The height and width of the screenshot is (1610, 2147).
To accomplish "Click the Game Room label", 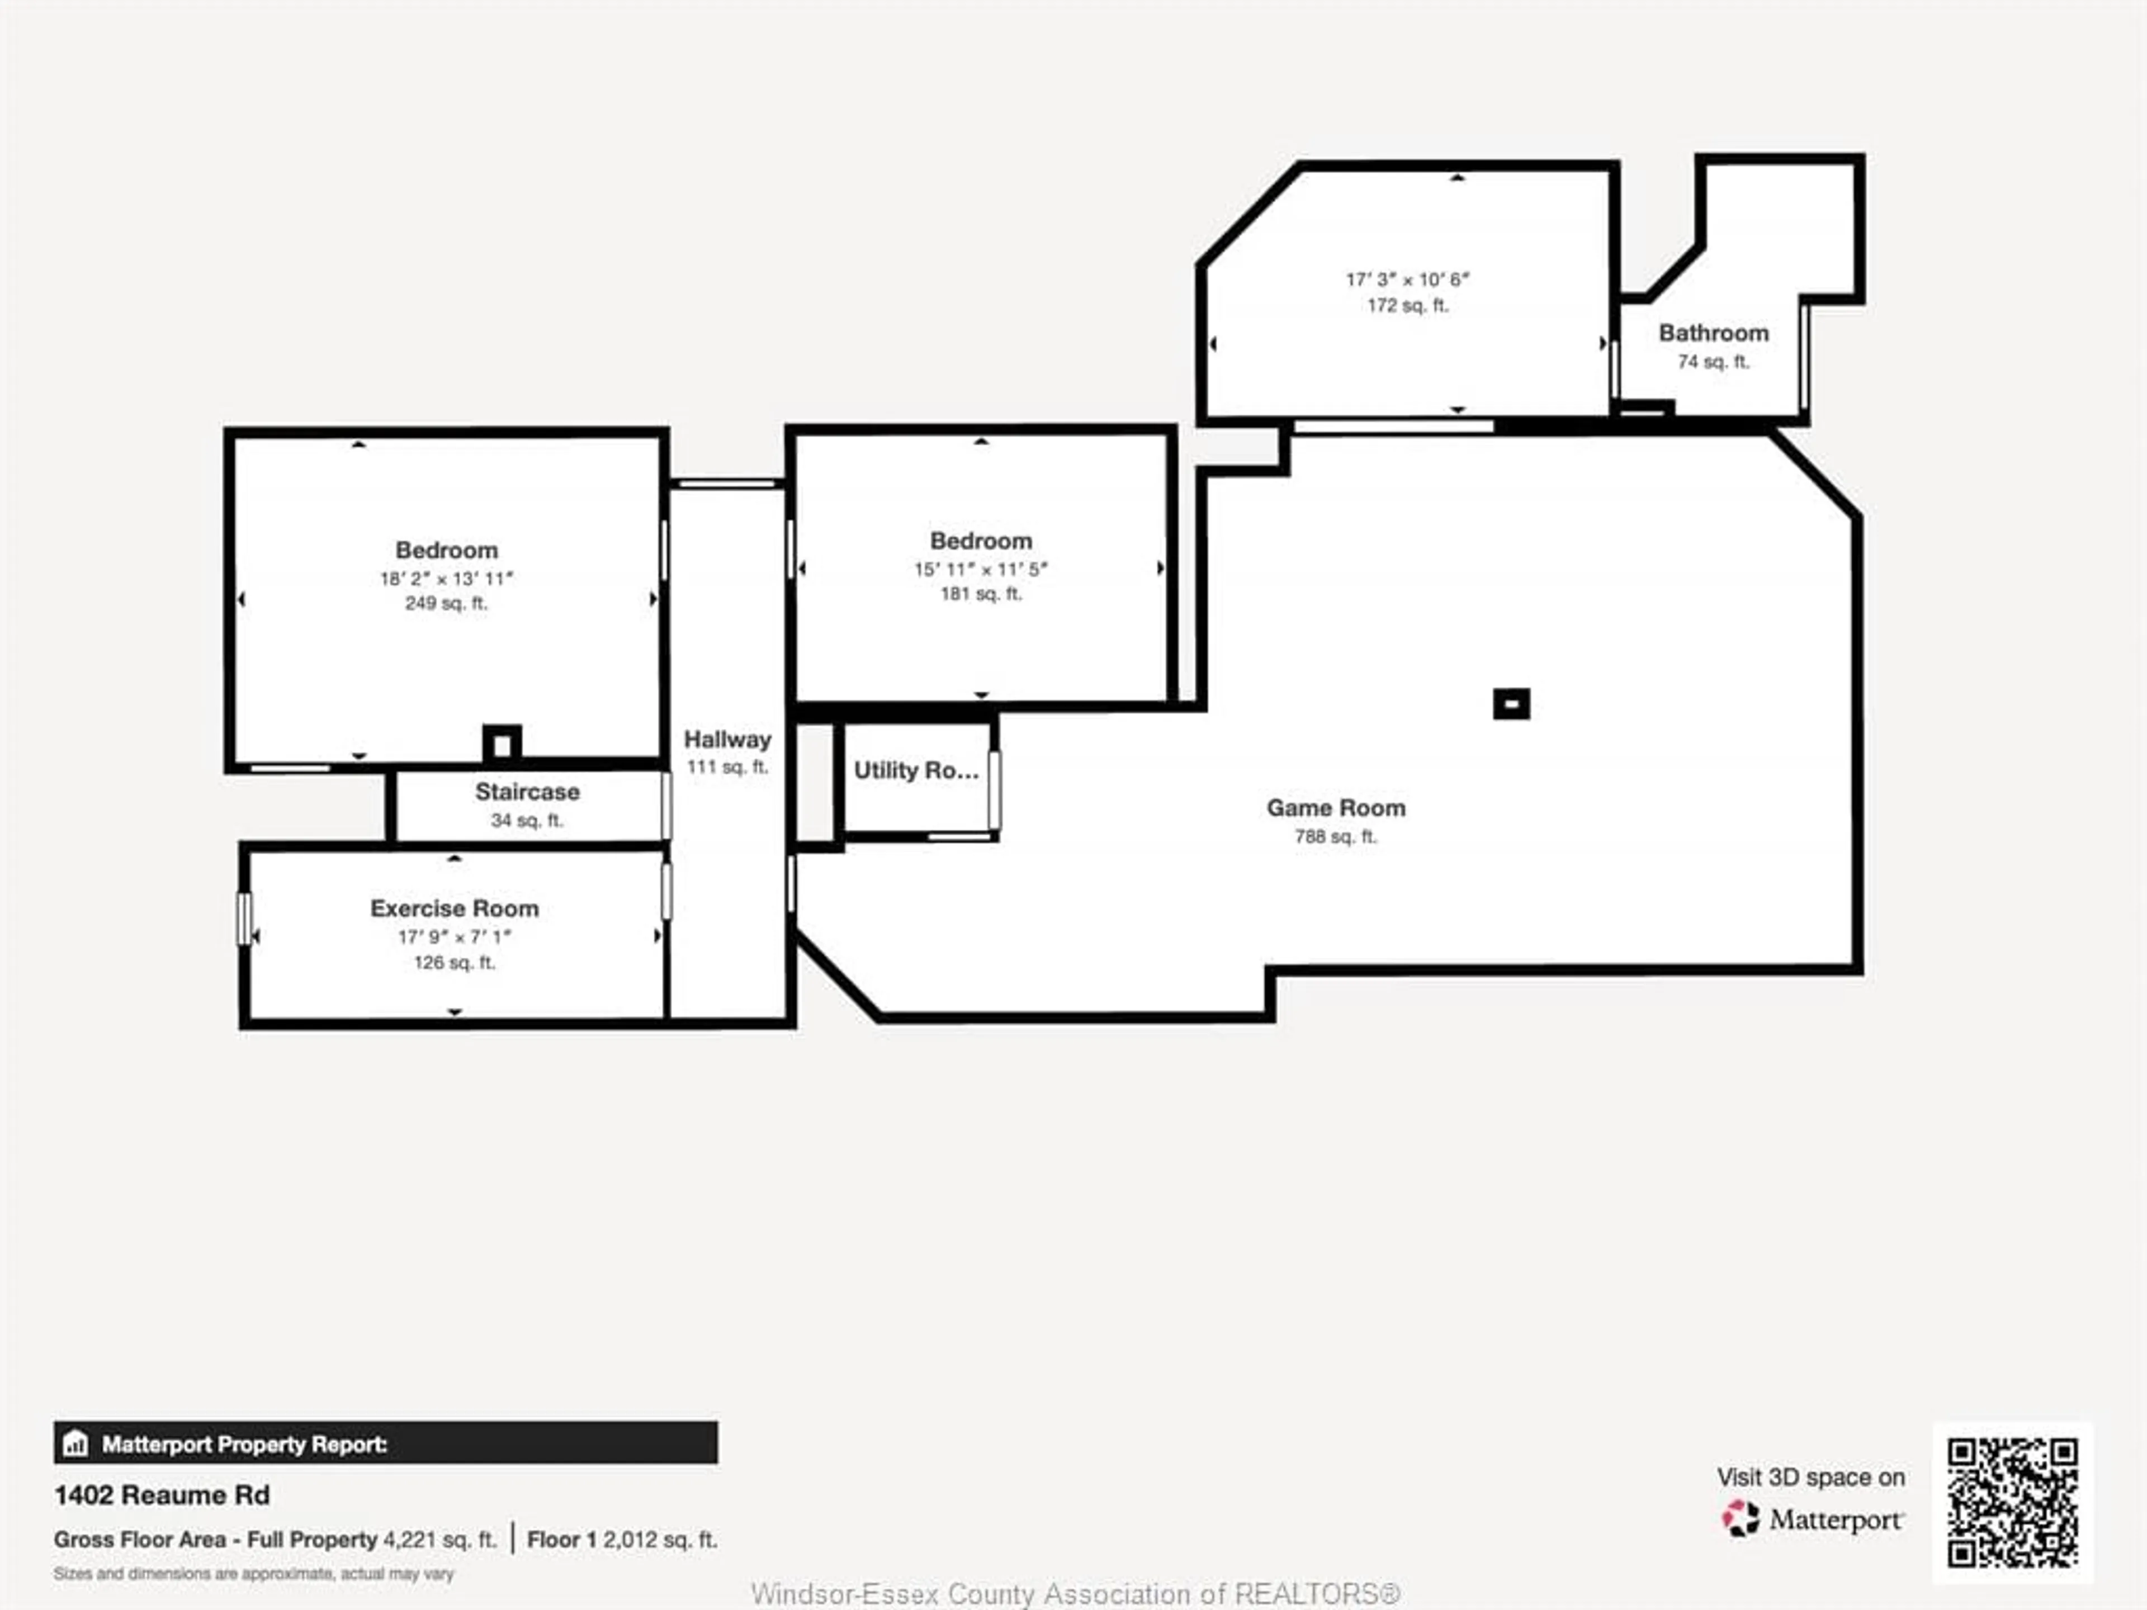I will pyautogui.click(x=1336, y=807).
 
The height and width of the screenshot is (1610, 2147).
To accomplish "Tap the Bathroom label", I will pyautogui.click(x=1713, y=333).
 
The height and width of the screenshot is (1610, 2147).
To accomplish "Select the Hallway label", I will pyautogui.click(x=727, y=740).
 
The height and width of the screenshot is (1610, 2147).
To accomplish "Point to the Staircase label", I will pyautogui.click(x=527, y=792).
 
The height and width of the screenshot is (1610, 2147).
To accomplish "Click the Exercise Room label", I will pyautogui.click(x=454, y=908).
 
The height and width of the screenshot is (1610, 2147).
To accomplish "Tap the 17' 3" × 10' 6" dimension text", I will pyautogui.click(x=1407, y=280).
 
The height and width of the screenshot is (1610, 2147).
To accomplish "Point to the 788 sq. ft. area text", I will pyautogui.click(x=1336, y=836).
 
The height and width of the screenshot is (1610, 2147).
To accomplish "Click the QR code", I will pyautogui.click(x=2012, y=1502).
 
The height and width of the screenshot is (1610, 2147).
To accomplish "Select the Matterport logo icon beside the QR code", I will pyautogui.click(x=1741, y=1519).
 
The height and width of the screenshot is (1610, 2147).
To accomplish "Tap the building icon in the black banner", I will pyautogui.click(x=75, y=1444).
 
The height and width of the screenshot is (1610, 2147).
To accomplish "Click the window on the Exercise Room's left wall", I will pyautogui.click(x=244, y=918).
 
